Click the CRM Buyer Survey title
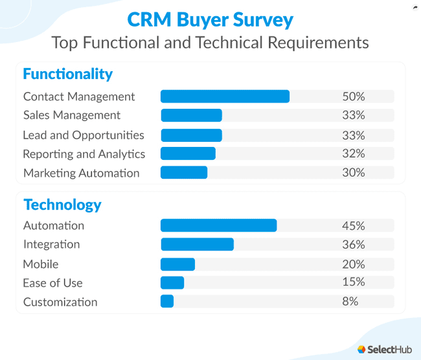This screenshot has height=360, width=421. [x=210, y=19]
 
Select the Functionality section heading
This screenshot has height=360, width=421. [x=67, y=74]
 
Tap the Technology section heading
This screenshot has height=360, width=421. [x=62, y=205]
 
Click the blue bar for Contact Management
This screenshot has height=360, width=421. [x=225, y=96]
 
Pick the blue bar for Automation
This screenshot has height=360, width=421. [x=218, y=225]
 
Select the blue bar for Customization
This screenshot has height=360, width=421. [x=167, y=302]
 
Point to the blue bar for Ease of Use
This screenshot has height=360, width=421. [x=172, y=283]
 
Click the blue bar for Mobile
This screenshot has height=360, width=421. [x=177, y=264]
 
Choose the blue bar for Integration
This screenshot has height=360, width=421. [x=197, y=244]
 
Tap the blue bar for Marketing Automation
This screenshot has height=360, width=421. [x=184, y=173]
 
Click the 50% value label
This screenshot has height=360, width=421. [x=354, y=96]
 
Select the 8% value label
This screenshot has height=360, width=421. [x=350, y=302]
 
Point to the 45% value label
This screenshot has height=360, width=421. [x=354, y=225]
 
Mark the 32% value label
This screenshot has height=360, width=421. [x=354, y=153]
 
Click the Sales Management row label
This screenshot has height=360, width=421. [x=72, y=115]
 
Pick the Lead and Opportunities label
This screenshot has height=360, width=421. [x=84, y=135]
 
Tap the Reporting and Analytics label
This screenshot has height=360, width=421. [x=84, y=154]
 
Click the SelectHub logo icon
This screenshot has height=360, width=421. [x=361, y=349]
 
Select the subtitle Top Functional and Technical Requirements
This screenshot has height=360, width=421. [x=210, y=43]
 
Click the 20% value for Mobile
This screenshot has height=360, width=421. [x=354, y=264]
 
